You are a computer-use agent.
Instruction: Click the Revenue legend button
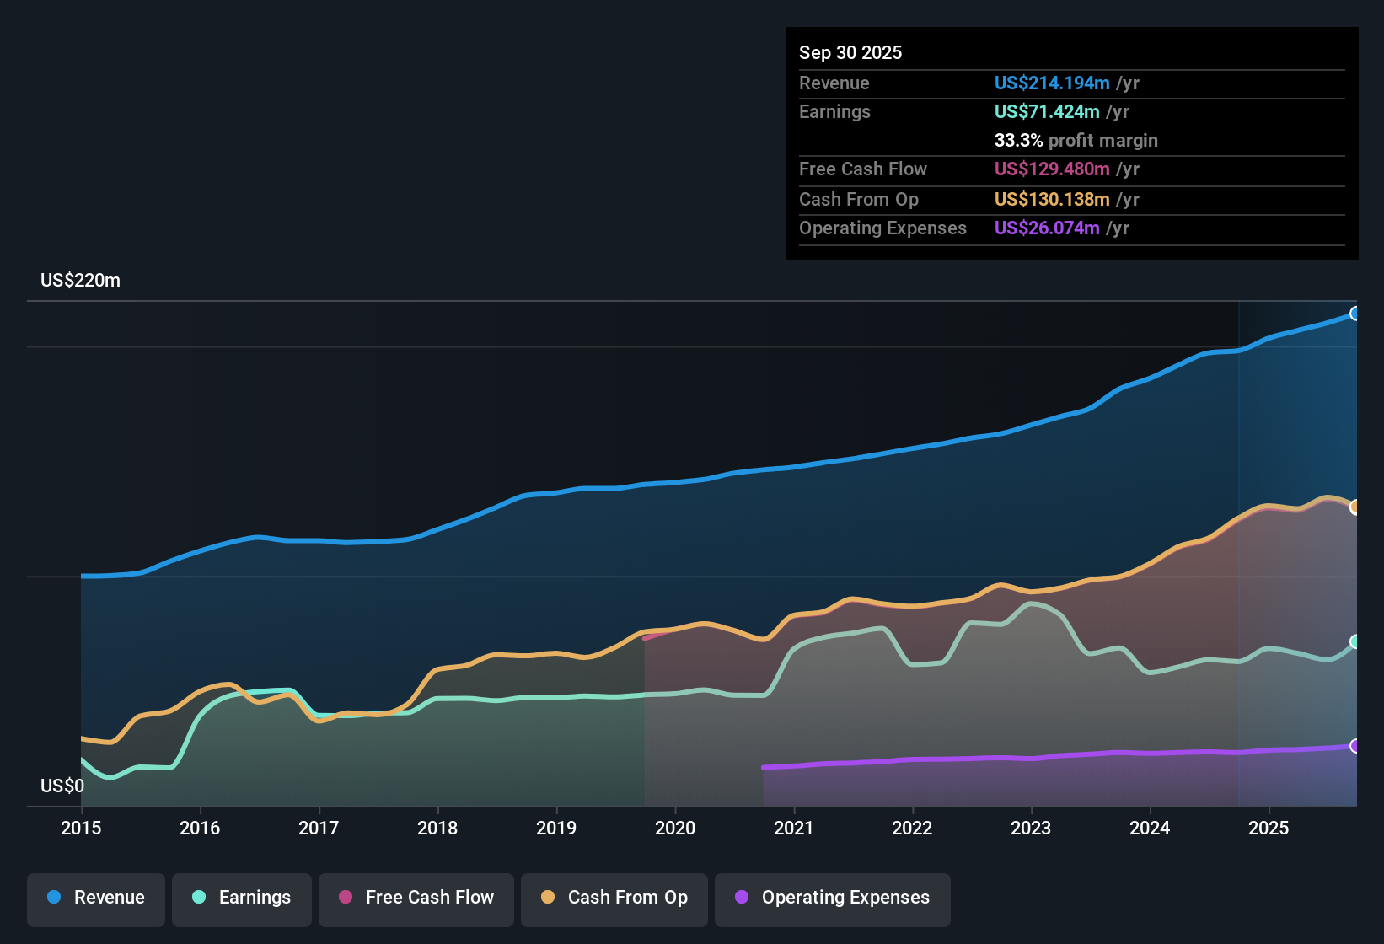[x=96, y=898]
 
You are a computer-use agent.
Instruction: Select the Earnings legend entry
[x=242, y=898]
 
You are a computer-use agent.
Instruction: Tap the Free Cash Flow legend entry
[x=416, y=898]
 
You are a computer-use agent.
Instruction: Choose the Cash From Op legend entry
[x=614, y=898]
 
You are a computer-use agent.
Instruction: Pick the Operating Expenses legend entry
[x=833, y=898]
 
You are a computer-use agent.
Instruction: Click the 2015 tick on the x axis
[x=81, y=828]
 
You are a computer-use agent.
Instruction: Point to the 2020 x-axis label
[x=675, y=828]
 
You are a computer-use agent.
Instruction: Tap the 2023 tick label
[x=1031, y=828]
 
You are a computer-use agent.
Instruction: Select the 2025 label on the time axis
[x=1269, y=828]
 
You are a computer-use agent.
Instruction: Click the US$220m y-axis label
[x=80, y=281]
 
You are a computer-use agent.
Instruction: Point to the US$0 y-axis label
[x=62, y=786]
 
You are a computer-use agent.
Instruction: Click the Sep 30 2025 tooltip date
[x=850, y=52]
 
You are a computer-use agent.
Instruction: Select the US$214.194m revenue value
[x=1051, y=83]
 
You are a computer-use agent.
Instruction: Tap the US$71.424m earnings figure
[x=1046, y=112]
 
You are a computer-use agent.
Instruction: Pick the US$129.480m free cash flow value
[x=1051, y=169]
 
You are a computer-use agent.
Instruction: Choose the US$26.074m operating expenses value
[x=1046, y=228]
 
